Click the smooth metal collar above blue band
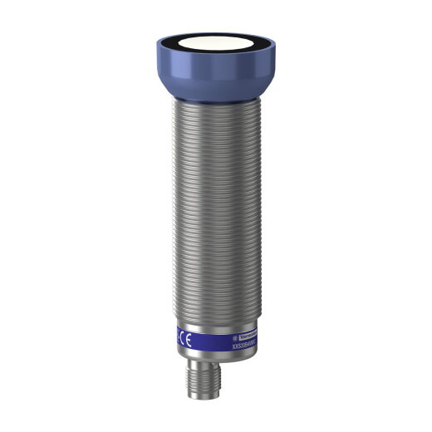216,320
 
